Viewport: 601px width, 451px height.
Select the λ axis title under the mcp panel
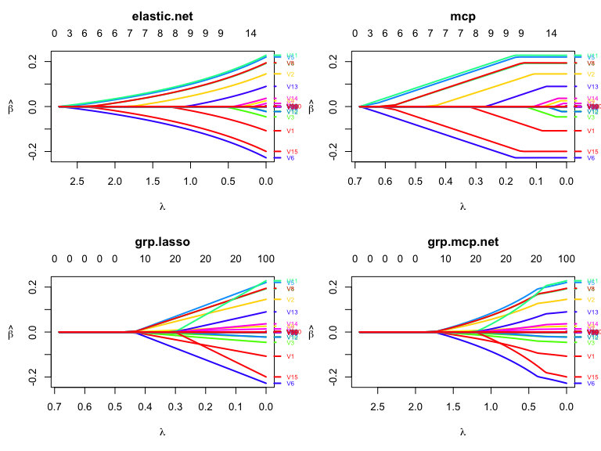tap(462, 207)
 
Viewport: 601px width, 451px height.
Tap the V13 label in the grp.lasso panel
tap(291, 312)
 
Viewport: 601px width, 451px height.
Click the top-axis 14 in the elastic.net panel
tap(250, 34)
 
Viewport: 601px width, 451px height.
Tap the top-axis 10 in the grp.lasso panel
tap(145, 259)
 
